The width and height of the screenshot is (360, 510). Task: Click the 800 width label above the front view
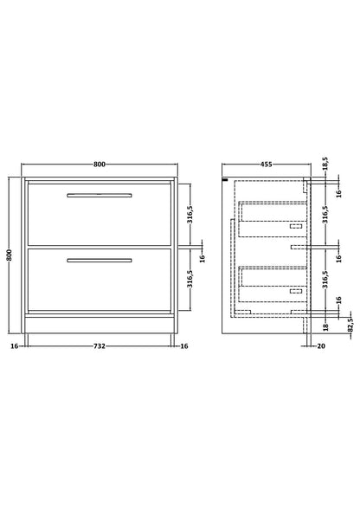(x=100, y=165)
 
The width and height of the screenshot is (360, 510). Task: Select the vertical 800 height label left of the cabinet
(x=10, y=255)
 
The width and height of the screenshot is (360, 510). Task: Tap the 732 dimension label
(x=100, y=346)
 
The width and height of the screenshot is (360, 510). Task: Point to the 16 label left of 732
(x=15, y=346)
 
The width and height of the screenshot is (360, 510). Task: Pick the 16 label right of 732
(x=184, y=346)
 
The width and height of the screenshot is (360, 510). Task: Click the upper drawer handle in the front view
(x=100, y=196)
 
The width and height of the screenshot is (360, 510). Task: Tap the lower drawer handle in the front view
(x=100, y=261)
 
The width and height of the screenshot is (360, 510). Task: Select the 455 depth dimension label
(x=266, y=165)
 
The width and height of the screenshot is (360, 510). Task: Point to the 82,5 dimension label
(x=350, y=325)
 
